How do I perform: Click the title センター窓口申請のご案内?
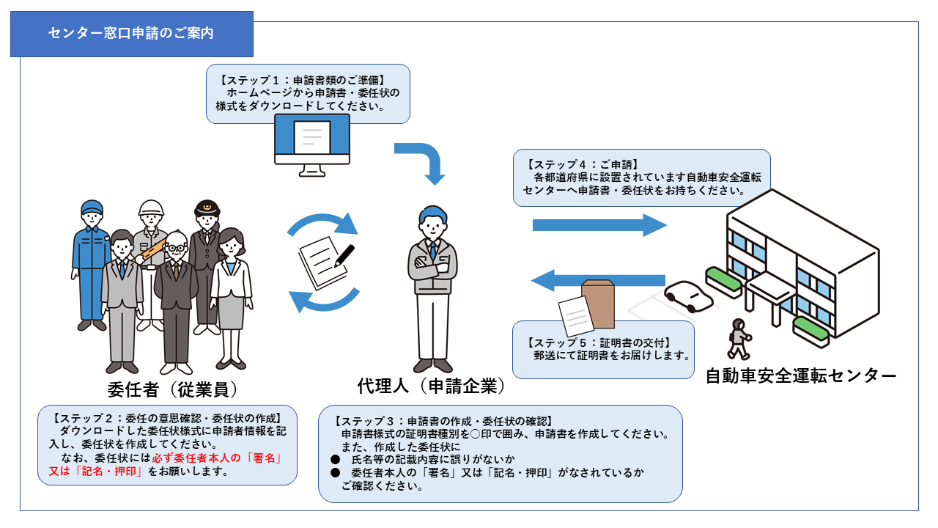coord(131,33)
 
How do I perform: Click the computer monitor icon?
coord(312,145)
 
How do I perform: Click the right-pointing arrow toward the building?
coord(599,225)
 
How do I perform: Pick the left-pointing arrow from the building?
coord(598,280)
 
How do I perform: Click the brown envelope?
coord(599,304)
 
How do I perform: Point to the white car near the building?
coord(688,296)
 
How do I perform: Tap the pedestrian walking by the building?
coord(739,339)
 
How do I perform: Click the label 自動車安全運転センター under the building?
coord(801,375)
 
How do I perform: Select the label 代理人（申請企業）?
coord(432,386)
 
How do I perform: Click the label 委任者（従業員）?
coord(172,389)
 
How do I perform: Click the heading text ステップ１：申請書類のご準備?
coord(303,80)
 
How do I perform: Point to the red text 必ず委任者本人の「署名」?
coord(217,458)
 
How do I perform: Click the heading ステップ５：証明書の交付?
coord(599,342)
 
